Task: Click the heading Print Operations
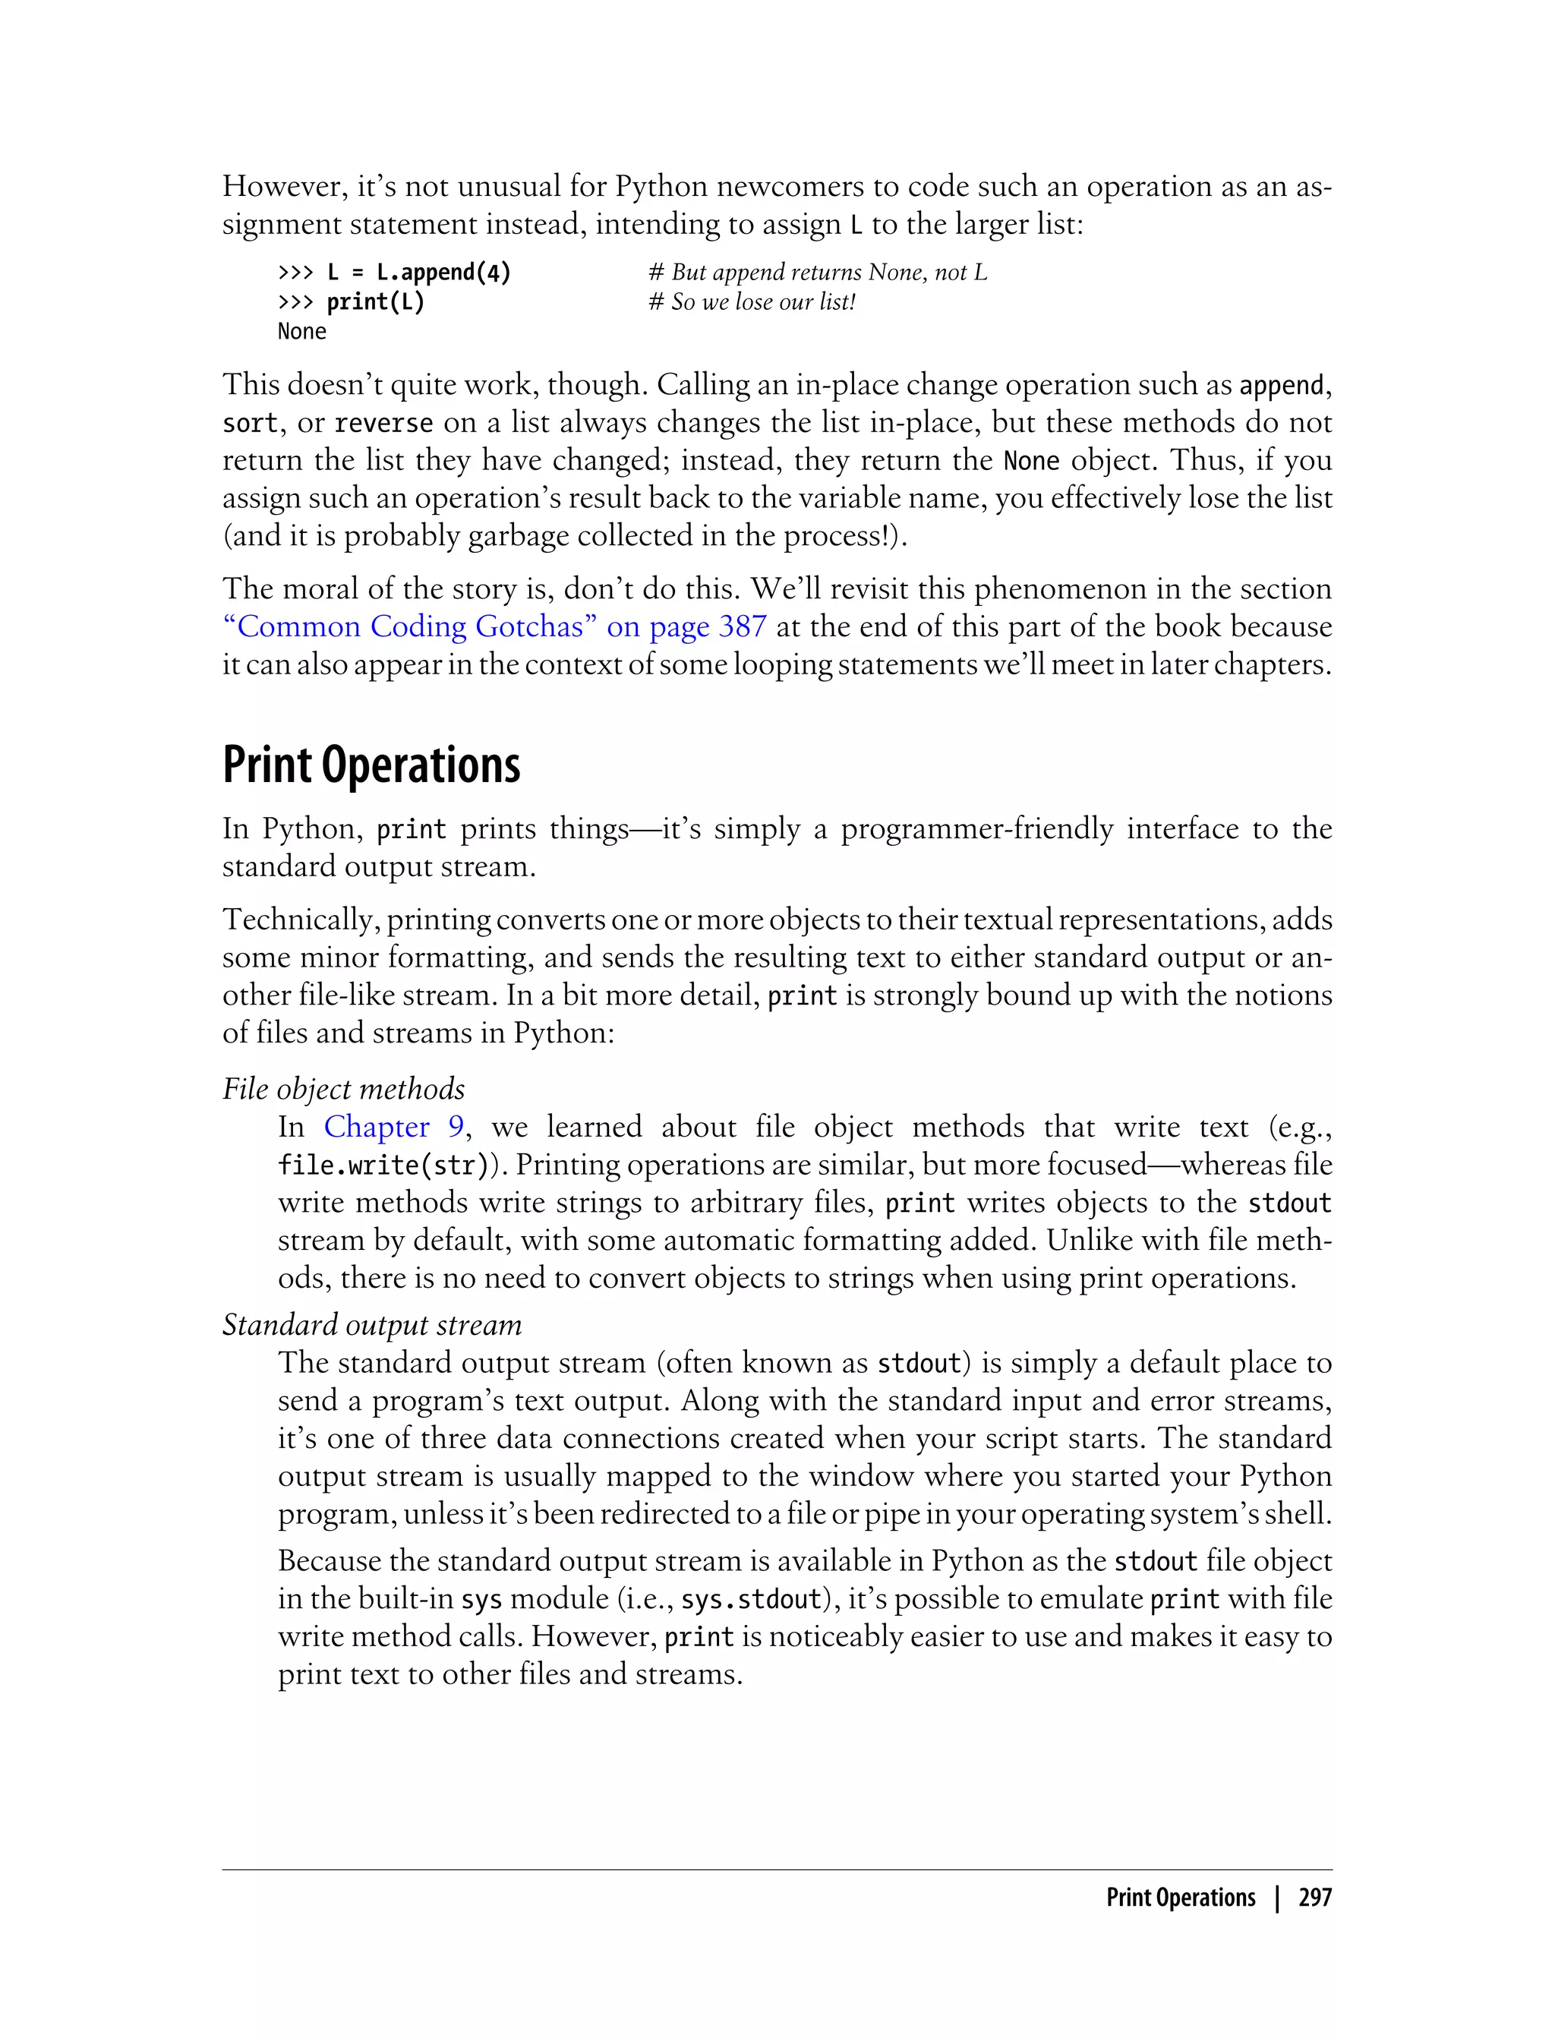(x=371, y=765)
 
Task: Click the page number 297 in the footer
(x=1314, y=1897)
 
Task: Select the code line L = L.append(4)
(x=418, y=272)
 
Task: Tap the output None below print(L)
(x=301, y=331)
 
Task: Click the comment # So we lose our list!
(x=752, y=301)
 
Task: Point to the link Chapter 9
(x=393, y=1127)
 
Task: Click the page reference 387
(x=743, y=626)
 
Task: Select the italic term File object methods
(x=343, y=1089)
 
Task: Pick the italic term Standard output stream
(x=372, y=1324)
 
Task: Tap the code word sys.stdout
(x=752, y=1598)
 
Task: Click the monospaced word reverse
(x=383, y=423)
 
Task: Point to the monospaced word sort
(x=250, y=423)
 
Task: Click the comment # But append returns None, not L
(x=819, y=272)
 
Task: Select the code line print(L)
(x=375, y=301)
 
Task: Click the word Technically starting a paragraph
(x=298, y=920)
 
